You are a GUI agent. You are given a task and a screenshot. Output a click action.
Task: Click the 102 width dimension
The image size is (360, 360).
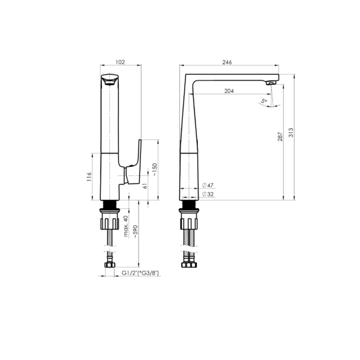pyautogui.click(x=120, y=62)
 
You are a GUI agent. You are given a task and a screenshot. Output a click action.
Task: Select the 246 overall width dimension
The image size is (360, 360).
pyautogui.click(x=227, y=62)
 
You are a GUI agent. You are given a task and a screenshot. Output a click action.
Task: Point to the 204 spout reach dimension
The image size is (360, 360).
pyautogui.click(x=229, y=91)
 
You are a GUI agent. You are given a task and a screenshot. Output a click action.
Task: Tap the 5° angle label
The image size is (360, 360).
pyautogui.click(x=264, y=101)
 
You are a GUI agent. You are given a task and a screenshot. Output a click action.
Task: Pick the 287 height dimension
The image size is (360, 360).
pyautogui.click(x=280, y=137)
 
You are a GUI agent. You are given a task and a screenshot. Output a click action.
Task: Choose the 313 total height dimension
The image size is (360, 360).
pyautogui.click(x=291, y=133)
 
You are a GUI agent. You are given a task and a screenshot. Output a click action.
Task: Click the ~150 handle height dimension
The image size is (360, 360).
pyautogui.click(x=155, y=169)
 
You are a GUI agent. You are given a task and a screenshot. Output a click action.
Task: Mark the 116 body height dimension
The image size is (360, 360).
pyautogui.click(x=89, y=177)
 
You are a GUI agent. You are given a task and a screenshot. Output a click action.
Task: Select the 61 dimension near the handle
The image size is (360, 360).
pyautogui.click(x=145, y=185)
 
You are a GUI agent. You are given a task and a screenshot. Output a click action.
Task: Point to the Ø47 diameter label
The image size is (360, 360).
pyautogui.click(x=208, y=185)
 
